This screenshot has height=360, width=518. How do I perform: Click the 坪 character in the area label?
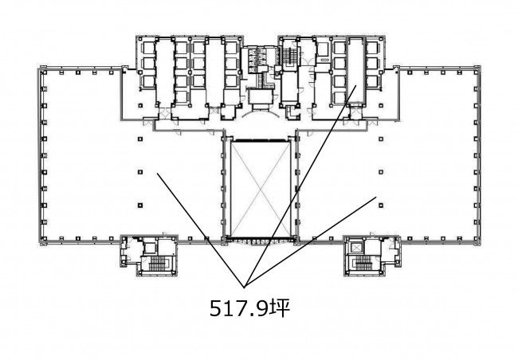tap(281, 307)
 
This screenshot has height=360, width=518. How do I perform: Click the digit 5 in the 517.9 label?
tap(217, 308)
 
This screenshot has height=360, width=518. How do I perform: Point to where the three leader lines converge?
tap(245, 288)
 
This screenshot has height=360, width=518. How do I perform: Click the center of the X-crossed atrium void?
tap(261, 188)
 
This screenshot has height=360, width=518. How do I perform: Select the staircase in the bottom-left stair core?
tap(159, 263)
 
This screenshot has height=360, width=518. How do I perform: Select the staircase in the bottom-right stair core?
tap(363, 263)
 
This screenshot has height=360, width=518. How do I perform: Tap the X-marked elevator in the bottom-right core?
tap(357, 247)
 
